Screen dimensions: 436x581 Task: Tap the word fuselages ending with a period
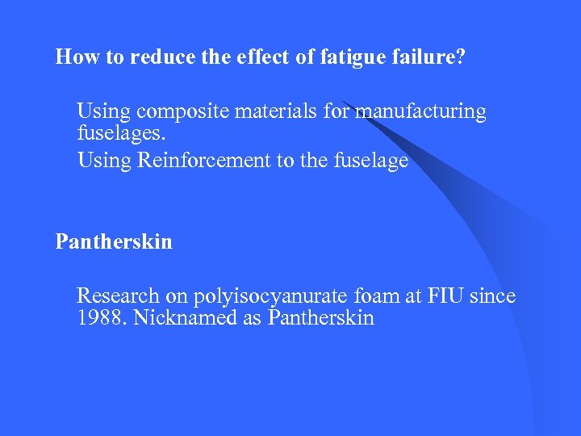(x=119, y=133)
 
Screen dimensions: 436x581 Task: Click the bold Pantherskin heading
(x=114, y=241)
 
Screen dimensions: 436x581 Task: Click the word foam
(x=378, y=296)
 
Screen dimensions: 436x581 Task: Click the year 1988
(x=102, y=318)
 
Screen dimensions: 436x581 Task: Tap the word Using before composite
(x=104, y=111)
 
